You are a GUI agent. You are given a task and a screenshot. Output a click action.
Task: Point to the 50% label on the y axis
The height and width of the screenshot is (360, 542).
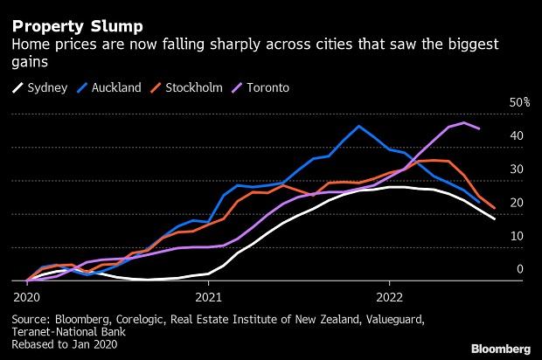point(519,102)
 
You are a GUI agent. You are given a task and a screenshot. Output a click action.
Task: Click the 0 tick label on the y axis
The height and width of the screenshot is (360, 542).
point(519,269)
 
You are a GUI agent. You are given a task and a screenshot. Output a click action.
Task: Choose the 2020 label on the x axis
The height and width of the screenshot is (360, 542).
point(26,296)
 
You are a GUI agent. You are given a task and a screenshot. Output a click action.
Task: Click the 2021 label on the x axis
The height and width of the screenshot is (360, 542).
point(208,296)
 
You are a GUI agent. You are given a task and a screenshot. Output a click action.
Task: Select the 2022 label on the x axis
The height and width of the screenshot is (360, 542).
point(390,296)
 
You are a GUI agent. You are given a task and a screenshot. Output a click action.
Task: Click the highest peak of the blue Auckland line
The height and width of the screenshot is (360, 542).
point(359,126)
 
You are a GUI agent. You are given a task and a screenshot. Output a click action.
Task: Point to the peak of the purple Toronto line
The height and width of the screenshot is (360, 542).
point(463,122)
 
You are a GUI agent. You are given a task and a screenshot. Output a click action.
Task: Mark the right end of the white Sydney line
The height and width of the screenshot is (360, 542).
point(496,218)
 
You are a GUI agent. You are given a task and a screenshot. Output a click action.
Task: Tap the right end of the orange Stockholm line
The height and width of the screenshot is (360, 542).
point(495,209)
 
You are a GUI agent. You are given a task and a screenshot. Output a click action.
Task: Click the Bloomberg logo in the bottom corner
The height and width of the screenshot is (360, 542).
point(499,348)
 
